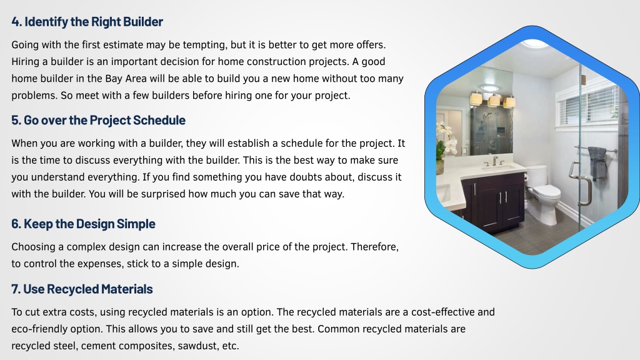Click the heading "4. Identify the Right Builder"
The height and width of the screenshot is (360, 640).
87,22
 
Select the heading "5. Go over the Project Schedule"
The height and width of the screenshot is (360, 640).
98,120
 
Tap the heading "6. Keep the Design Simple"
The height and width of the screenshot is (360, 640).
83,224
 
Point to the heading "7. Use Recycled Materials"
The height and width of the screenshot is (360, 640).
82,289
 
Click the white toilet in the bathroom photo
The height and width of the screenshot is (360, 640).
543,192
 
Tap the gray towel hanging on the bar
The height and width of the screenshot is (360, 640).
597,163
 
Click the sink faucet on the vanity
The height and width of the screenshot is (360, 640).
495,161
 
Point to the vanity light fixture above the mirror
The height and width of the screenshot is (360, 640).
492,99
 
